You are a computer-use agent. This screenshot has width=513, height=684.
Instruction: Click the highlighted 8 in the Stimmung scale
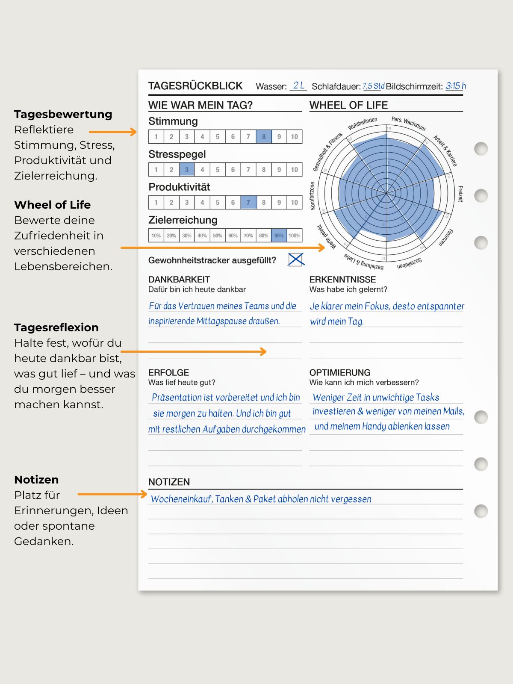(264, 137)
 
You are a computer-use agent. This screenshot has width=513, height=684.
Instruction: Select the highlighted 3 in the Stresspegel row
(187, 170)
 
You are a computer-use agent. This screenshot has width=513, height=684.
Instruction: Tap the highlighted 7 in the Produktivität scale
(248, 203)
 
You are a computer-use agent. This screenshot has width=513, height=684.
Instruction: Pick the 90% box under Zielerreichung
(279, 236)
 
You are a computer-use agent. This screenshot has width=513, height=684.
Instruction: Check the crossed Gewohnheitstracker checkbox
(296, 259)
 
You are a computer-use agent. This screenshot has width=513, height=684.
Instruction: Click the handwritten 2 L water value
(298, 85)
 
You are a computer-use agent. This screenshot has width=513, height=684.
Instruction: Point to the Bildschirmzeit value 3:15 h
(456, 86)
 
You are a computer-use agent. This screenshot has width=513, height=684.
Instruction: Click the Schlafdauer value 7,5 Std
(373, 86)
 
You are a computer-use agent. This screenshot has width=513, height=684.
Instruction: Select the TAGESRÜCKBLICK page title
(195, 86)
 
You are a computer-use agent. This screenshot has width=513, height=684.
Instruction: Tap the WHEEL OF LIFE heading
(348, 105)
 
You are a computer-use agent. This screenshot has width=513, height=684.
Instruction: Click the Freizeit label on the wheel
(460, 194)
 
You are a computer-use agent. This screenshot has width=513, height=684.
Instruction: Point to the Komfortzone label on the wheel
(313, 196)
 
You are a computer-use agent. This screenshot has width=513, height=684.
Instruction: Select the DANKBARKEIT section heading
(179, 280)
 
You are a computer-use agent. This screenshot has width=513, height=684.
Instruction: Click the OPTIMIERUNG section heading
(340, 372)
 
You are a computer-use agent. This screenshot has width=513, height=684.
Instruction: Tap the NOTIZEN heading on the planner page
(169, 482)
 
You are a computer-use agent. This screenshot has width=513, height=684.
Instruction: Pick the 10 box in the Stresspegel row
(295, 170)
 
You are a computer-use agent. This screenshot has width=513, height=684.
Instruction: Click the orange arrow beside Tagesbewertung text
(112, 132)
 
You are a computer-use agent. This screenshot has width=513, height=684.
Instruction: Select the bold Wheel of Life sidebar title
(52, 205)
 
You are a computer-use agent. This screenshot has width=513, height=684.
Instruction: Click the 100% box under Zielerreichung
(295, 236)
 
